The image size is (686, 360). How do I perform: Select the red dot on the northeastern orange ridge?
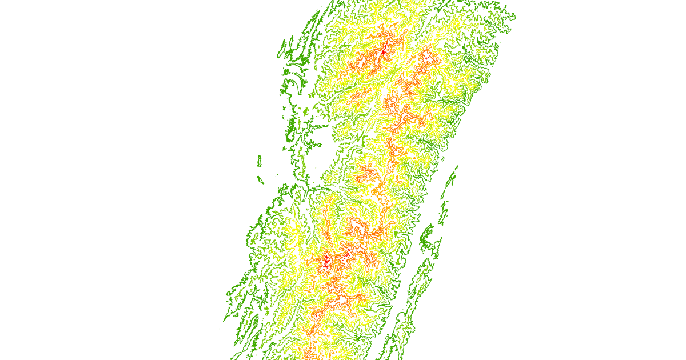(426, 58)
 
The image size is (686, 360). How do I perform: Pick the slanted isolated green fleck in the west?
(261, 180)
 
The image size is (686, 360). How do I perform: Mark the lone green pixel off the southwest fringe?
(221, 329)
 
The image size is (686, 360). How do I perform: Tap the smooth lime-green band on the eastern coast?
(476, 86)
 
